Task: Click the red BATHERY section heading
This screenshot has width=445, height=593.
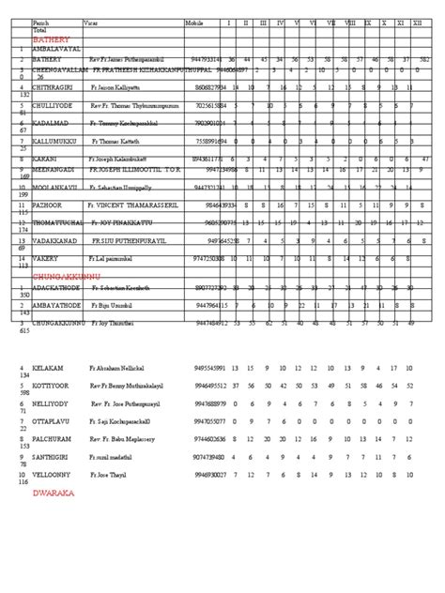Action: pyautogui.click(x=50, y=42)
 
